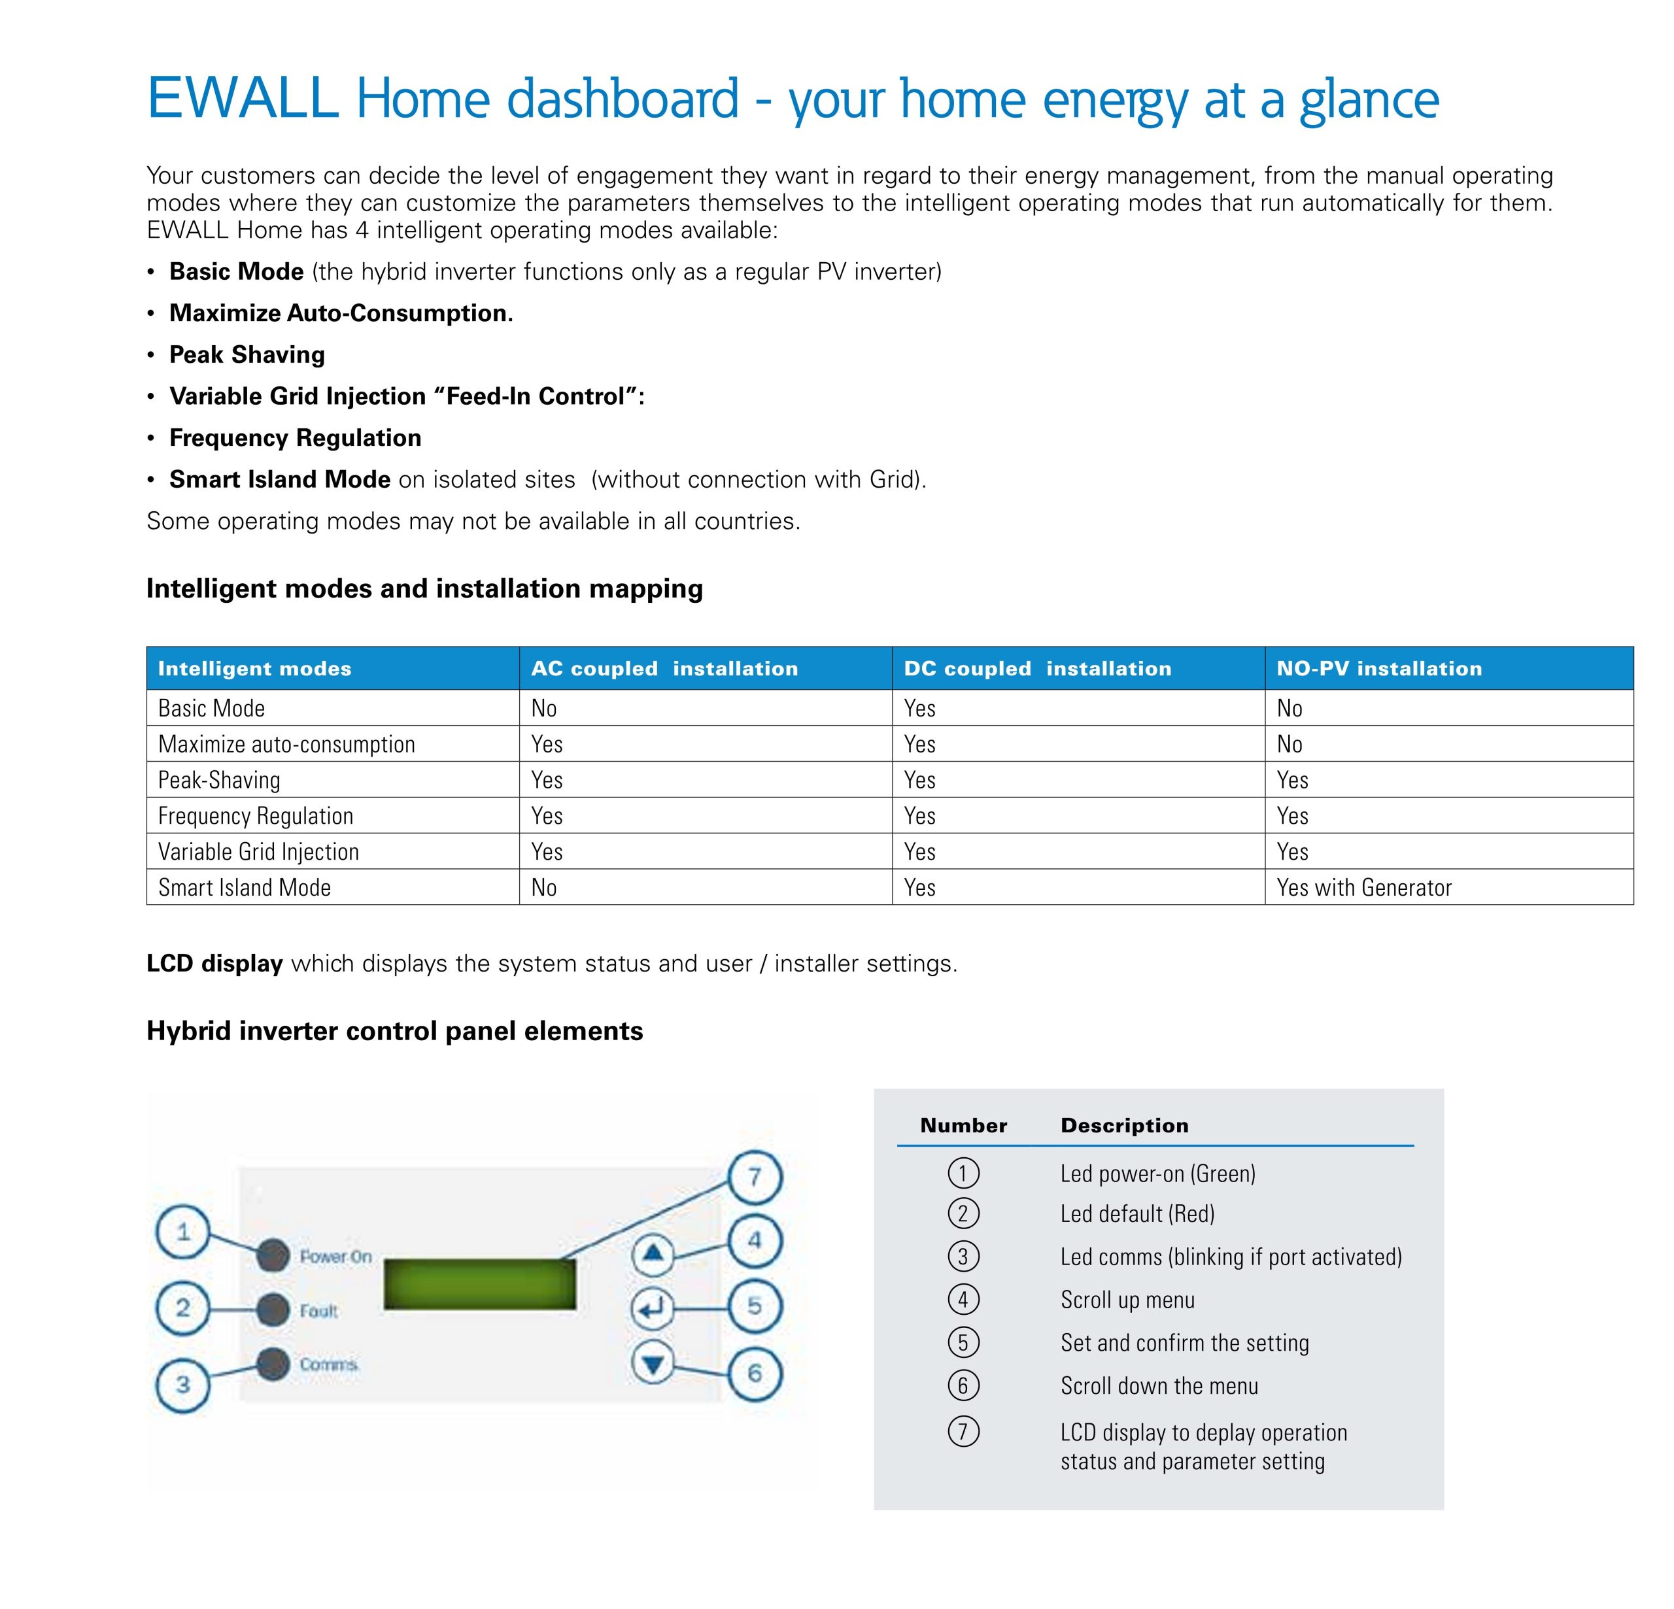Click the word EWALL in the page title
tap(243, 98)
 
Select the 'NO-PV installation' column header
tap(1378, 669)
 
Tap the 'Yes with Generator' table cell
tap(1364, 889)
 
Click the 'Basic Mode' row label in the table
tap(212, 709)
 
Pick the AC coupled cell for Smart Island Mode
tap(544, 889)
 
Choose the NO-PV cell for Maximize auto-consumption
tap(1290, 745)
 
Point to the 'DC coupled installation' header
tap(1037, 669)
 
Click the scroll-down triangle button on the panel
tap(653, 1364)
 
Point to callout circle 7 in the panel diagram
tap(754, 1177)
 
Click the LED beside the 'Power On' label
tap(273, 1255)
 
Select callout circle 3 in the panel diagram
tap(183, 1384)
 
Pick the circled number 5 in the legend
tap(963, 1342)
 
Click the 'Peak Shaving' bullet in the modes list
tap(247, 355)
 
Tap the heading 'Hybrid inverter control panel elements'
tap(394, 1032)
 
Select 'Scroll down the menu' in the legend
tap(1159, 1385)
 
